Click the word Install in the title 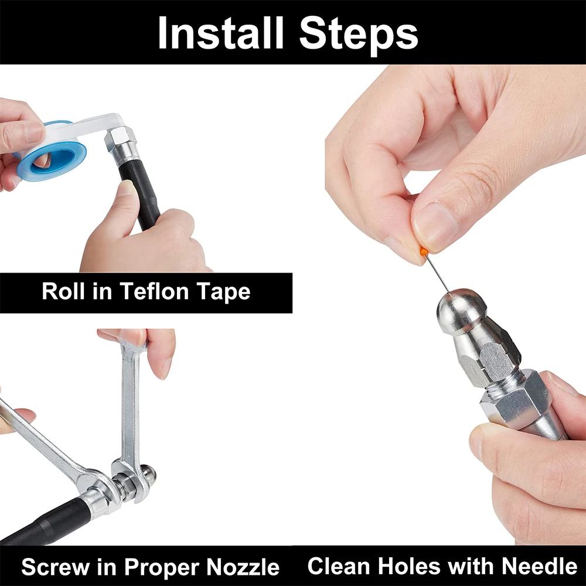point(220,32)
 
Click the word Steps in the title point(359,35)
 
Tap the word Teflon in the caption point(154,291)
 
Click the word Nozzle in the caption point(243,567)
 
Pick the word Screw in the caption point(55,567)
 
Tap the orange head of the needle point(424,251)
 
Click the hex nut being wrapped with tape point(118,137)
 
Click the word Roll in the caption point(63,291)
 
